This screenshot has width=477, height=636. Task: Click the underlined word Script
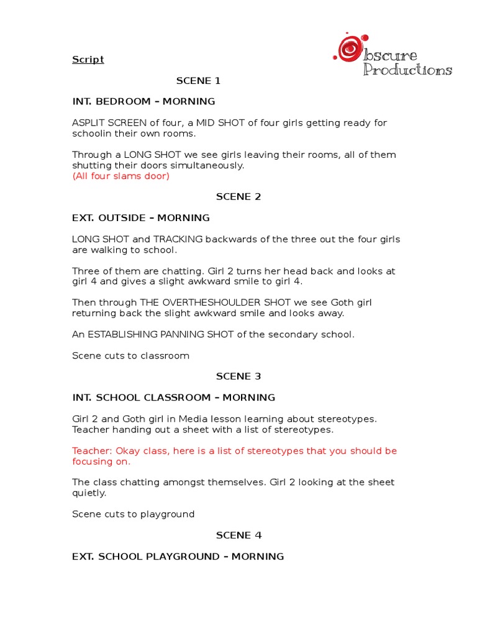click(88, 60)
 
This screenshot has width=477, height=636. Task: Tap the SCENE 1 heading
click(198, 81)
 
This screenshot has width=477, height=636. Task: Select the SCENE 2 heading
click(238, 197)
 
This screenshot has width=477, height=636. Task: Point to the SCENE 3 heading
click(238, 376)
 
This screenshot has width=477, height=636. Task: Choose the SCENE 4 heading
click(238, 535)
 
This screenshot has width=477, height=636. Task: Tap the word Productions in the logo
click(407, 70)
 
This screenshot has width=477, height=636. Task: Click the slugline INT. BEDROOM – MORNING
click(143, 102)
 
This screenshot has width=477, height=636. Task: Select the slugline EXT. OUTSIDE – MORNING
click(141, 218)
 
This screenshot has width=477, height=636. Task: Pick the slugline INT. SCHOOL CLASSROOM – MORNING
click(173, 397)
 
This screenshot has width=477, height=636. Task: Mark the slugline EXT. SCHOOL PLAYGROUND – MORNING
click(178, 556)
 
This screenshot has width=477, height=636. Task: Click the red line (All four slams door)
click(120, 176)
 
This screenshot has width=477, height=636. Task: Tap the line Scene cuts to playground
click(133, 514)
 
